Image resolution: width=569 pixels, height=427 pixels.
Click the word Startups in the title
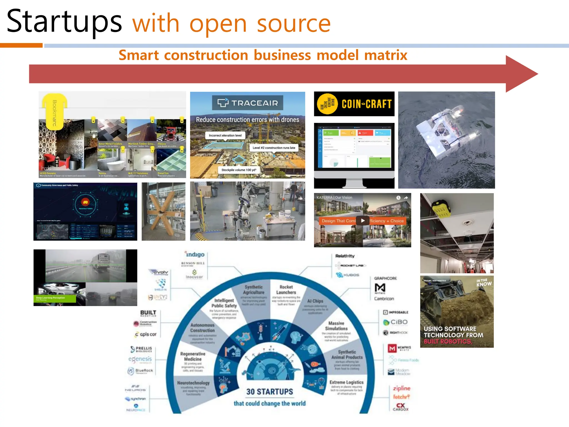click(64, 22)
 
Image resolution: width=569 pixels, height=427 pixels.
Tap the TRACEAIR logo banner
click(247, 103)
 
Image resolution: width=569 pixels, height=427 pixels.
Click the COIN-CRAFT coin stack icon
click(328, 104)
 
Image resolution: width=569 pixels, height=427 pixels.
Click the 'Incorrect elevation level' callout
click(225, 135)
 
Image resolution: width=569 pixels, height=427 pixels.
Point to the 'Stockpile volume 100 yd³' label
click(239, 170)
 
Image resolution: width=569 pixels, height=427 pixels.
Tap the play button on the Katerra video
click(363, 220)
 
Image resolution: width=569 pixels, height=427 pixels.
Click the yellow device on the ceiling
click(441, 208)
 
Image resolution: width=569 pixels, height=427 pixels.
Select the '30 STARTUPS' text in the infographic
click(269, 392)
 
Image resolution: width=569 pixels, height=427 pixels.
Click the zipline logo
click(401, 388)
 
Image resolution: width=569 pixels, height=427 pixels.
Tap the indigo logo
click(195, 254)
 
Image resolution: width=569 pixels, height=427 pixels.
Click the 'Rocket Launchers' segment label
click(286, 289)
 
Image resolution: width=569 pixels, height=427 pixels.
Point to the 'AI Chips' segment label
click(315, 301)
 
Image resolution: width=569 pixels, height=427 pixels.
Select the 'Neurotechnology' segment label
click(193, 383)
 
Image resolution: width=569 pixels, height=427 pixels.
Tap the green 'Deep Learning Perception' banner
click(54, 299)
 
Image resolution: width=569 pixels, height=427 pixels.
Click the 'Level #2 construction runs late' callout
click(274, 148)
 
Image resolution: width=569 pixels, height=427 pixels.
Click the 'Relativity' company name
click(345, 256)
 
